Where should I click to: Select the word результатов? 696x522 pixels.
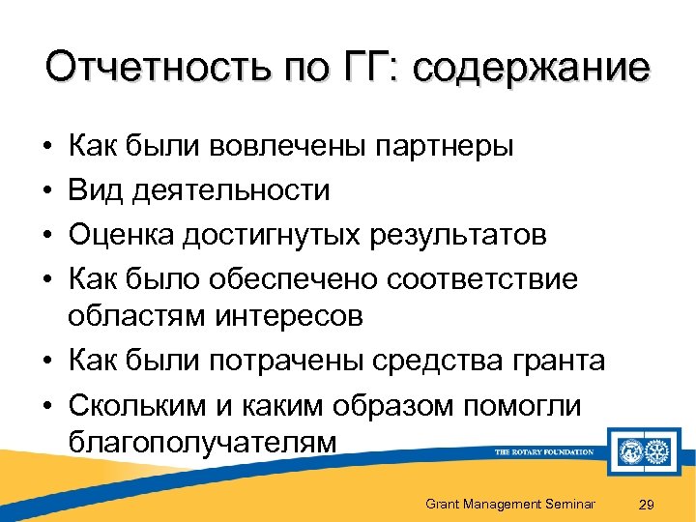[463, 235]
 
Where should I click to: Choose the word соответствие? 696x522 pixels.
[481, 278]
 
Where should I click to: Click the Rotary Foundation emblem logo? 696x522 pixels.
[642, 451]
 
